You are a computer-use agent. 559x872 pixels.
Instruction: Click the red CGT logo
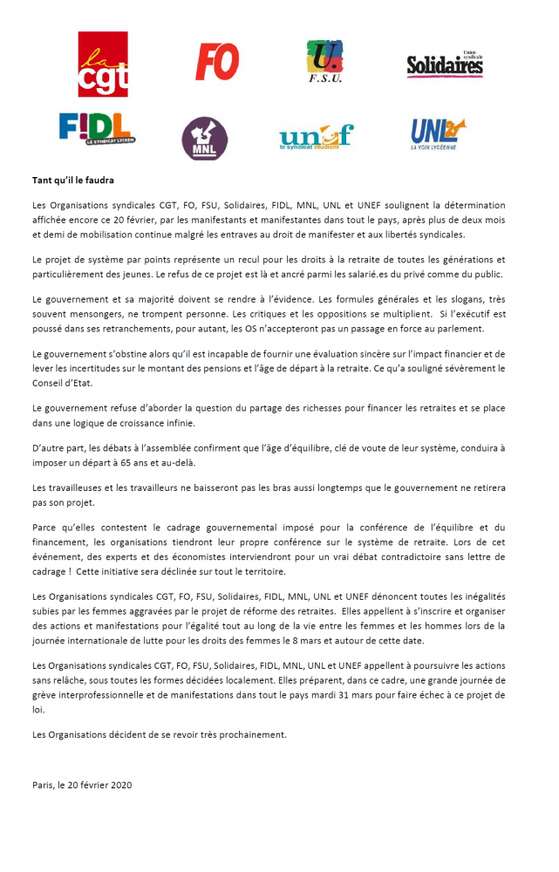pyautogui.click(x=103, y=65)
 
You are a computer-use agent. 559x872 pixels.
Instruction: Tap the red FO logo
pyautogui.click(x=217, y=61)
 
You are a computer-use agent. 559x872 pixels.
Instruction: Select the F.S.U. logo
pyautogui.click(x=324, y=62)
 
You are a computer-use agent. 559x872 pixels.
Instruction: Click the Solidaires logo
pyautogui.click(x=445, y=64)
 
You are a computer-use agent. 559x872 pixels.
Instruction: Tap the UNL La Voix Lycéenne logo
pyautogui.click(x=437, y=133)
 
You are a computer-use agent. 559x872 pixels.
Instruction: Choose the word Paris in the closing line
pyautogui.click(x=43, y=785)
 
